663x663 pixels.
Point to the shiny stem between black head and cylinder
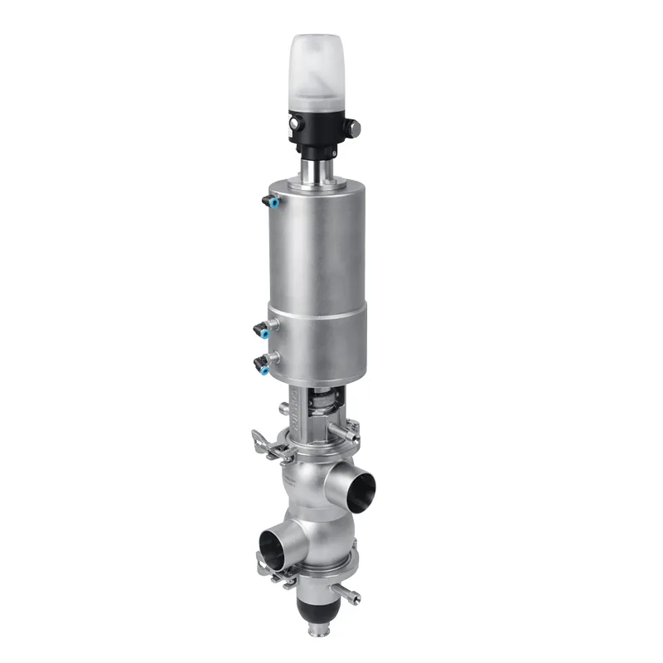click(316, 172)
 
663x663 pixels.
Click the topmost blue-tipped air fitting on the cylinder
click(269, 201)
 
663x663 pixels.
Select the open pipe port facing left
click(273, 548)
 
